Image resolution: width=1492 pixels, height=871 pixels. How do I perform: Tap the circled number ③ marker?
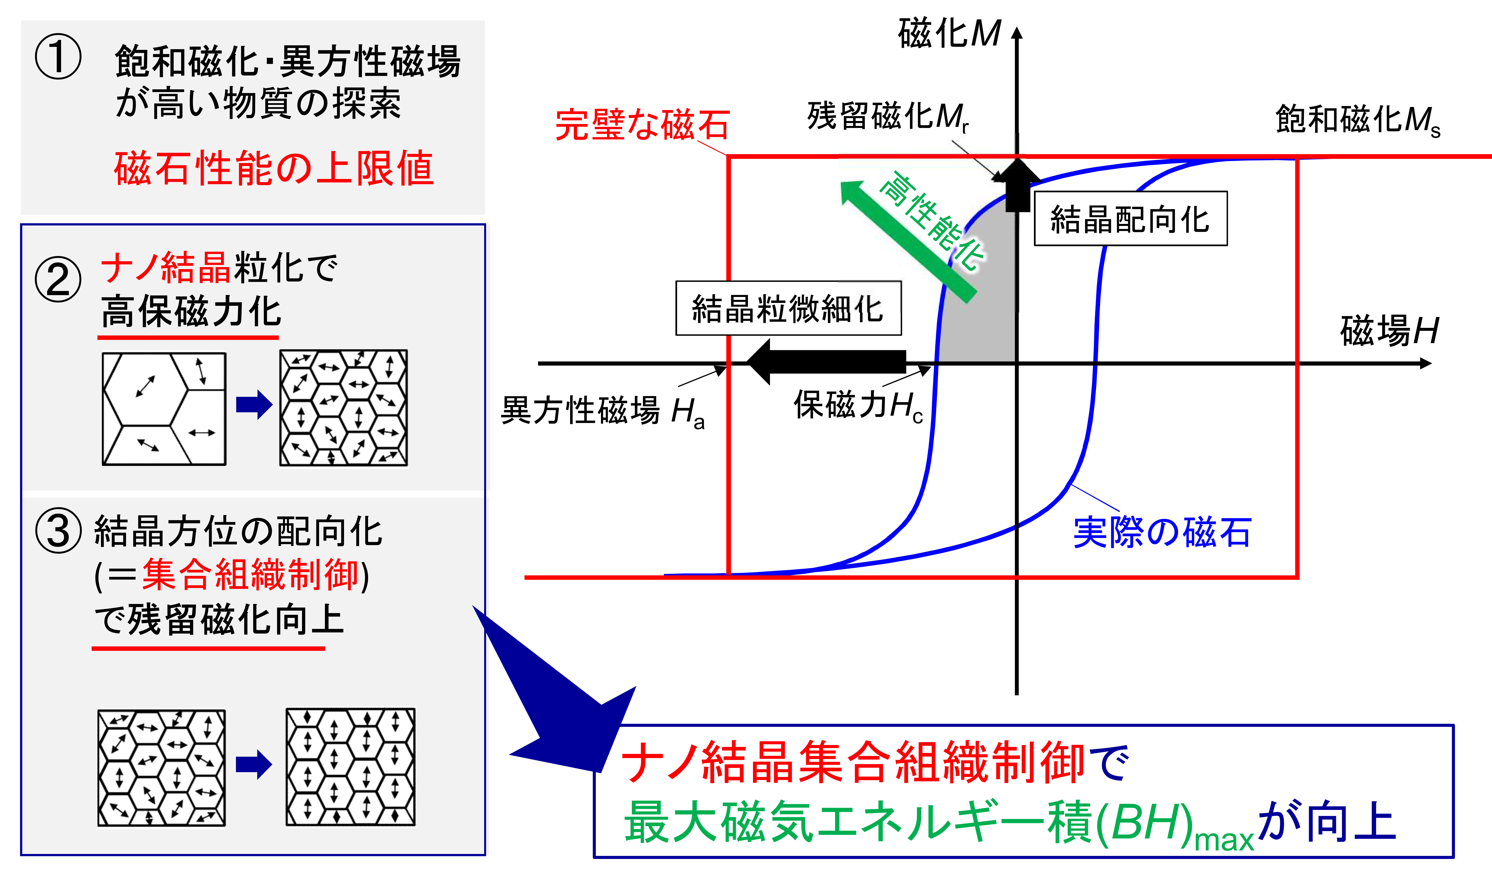58,531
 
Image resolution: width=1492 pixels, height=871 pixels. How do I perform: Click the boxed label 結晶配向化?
1130,218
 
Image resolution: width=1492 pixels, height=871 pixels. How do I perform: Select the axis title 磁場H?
1389,330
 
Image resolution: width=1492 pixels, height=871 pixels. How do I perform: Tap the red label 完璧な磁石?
642,124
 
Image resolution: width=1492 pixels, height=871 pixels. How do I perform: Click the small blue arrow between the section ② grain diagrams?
254,405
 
